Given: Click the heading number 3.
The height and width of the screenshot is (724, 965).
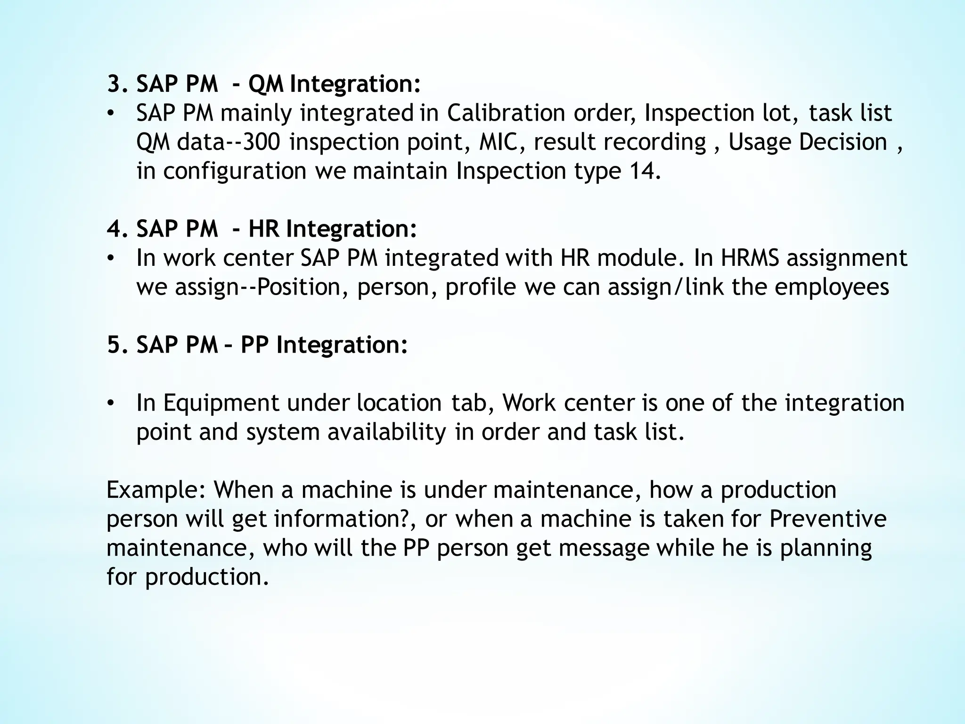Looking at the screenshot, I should click(115, 85).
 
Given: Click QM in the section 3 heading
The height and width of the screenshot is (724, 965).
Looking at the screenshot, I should click(266, 85).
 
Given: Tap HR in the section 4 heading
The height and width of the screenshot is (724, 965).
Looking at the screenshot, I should click(264, 230).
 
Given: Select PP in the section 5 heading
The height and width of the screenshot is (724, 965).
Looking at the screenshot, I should click(255, 345).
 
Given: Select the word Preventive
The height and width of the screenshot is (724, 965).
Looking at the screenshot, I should click(828, 519).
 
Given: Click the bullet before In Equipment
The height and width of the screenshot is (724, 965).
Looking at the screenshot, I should click(110, 403).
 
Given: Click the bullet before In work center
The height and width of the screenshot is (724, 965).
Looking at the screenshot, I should click(110, 258).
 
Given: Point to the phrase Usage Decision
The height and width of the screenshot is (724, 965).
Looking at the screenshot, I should click(808, 142).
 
